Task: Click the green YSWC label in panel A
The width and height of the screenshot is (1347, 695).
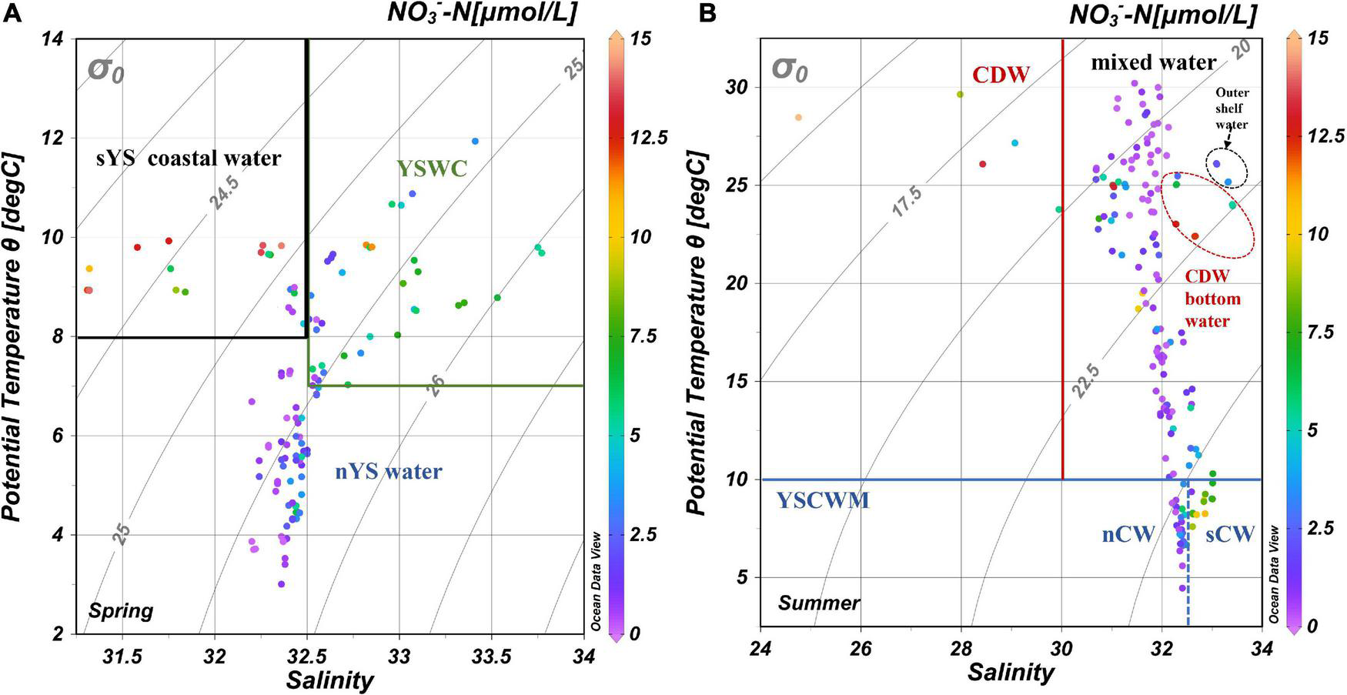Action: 432,169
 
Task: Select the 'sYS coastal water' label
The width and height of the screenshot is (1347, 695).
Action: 189,159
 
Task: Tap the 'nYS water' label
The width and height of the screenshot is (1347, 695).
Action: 389,471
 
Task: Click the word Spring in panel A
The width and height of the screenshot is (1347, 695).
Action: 121,611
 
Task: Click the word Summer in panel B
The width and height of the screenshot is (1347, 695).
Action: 818,603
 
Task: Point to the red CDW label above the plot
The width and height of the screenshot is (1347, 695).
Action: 1000,75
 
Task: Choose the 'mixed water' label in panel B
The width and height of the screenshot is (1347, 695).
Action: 1153,62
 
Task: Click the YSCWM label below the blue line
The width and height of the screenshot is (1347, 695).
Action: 822,501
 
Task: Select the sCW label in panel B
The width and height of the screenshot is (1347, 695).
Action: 1229,534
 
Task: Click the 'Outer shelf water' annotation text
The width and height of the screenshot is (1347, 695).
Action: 1232,109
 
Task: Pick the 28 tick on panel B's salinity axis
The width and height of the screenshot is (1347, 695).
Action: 961,648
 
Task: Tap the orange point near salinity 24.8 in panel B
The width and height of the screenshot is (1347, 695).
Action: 798,118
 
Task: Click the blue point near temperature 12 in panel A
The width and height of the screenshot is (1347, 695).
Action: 475,141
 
